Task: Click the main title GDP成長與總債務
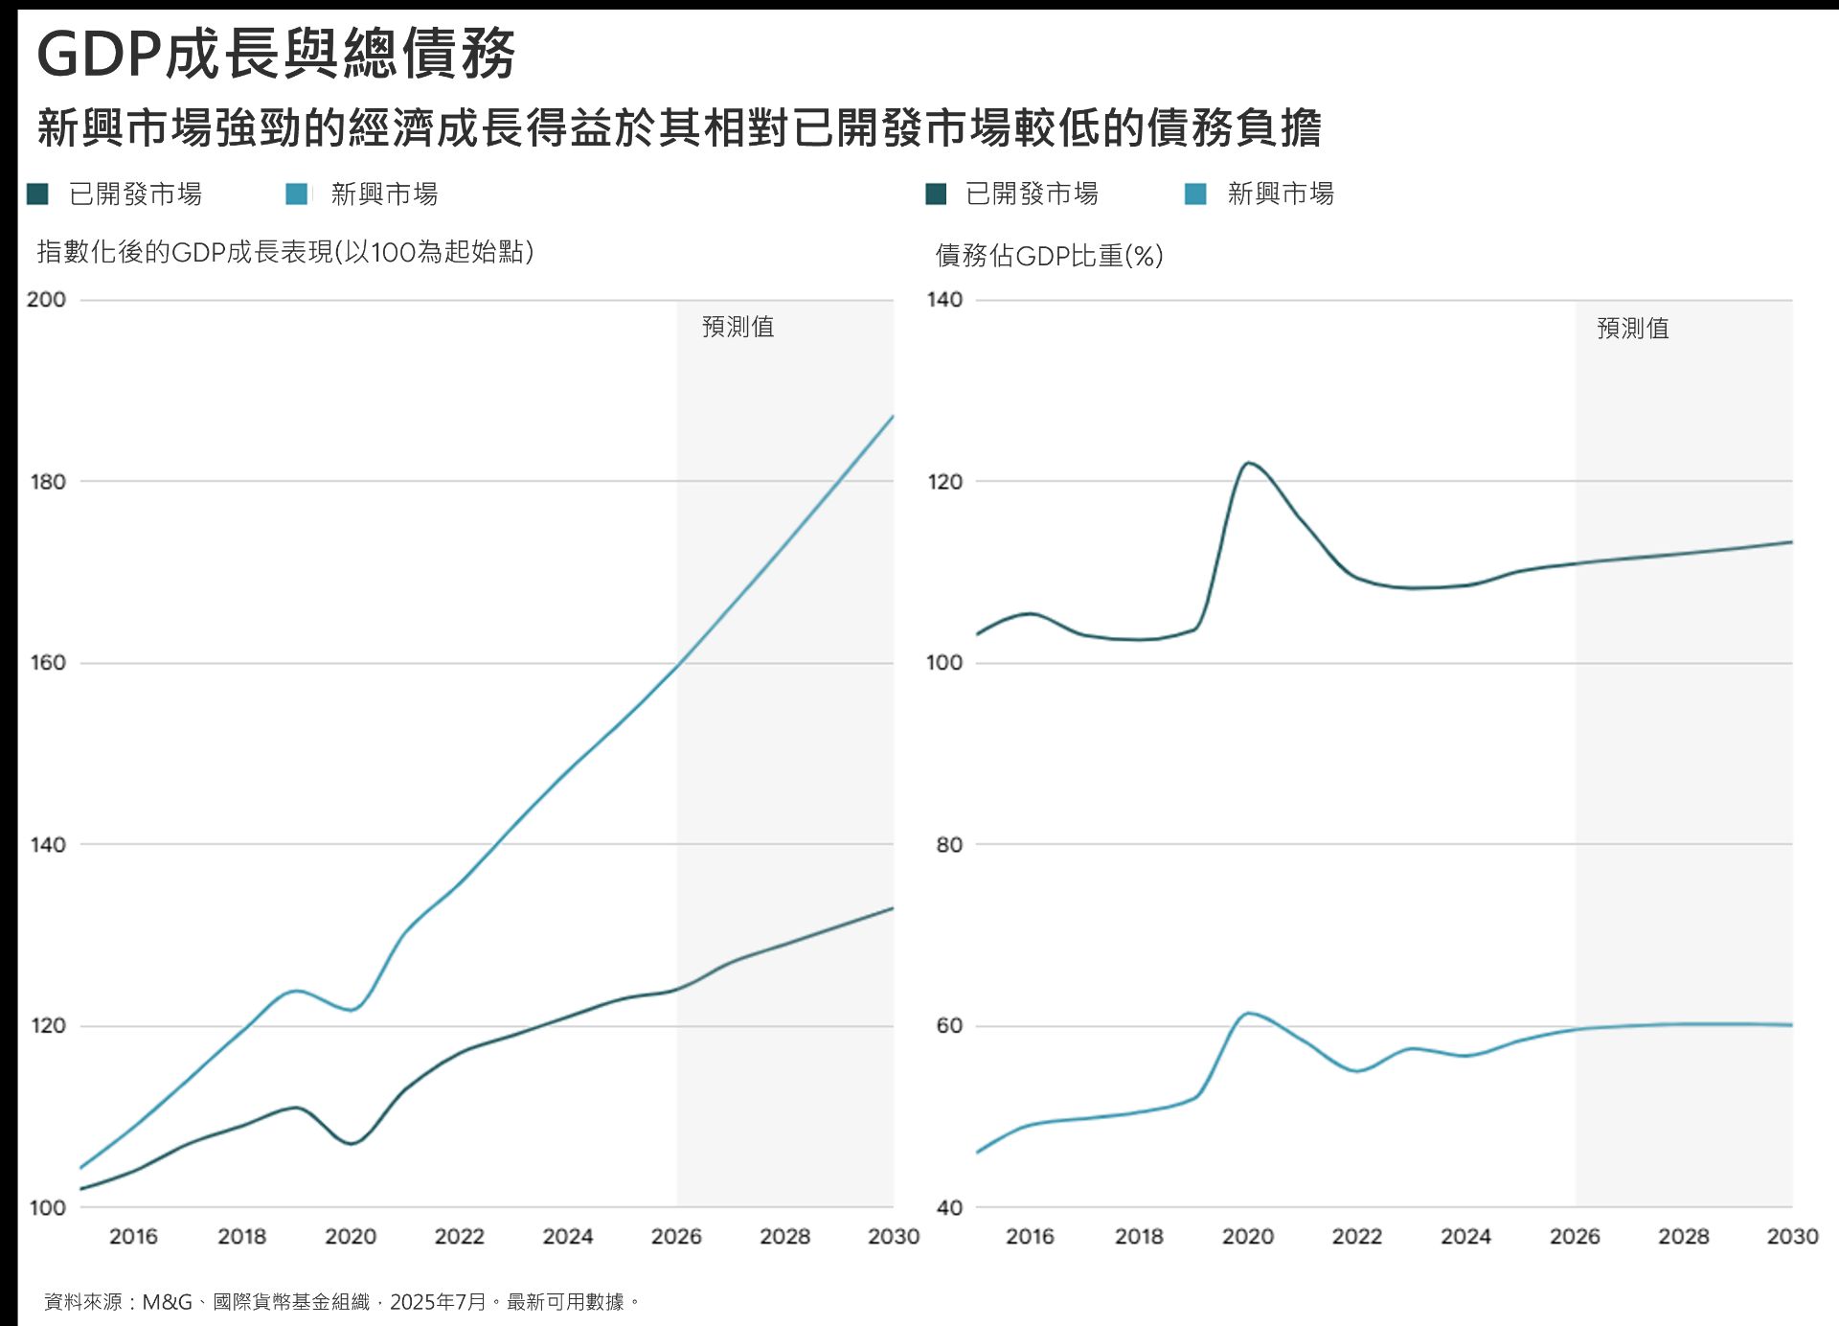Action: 276,54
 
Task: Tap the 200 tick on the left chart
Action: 46,300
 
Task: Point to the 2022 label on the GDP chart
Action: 460,1236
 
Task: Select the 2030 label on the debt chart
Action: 1792,1236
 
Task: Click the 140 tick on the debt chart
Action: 944,300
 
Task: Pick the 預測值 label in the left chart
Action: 738,327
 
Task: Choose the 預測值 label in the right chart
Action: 1633,329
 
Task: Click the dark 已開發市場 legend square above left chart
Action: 37,194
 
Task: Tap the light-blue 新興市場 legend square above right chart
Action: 1195,194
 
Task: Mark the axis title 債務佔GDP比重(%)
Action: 1049,256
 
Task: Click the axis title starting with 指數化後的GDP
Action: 284,252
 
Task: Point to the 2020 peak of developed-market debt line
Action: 1248,464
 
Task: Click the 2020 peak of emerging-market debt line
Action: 1248,1014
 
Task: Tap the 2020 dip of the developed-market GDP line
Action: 352,1143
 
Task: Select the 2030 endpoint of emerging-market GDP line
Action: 893,417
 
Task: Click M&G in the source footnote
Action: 167,1302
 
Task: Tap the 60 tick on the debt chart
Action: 948,1026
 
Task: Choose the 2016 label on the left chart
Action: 133,1236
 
